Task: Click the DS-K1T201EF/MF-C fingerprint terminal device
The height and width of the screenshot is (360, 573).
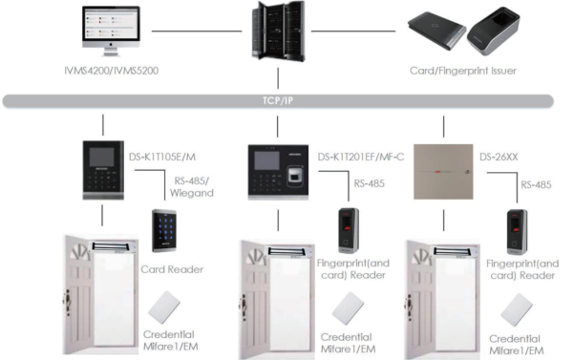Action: [277, 172]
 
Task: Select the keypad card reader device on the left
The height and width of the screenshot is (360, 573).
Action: [161, 231]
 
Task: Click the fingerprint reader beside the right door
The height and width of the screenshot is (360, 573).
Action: [517, 230]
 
